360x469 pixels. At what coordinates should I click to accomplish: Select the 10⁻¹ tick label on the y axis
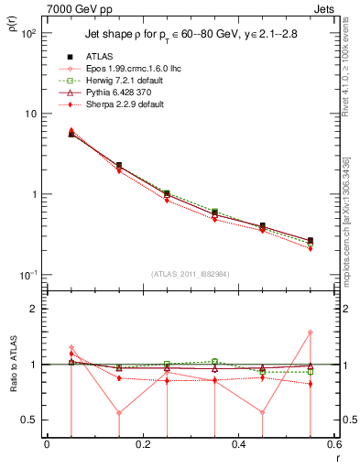(x=29, y=276)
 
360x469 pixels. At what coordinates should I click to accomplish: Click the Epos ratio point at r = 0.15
(x=119, y=412)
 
